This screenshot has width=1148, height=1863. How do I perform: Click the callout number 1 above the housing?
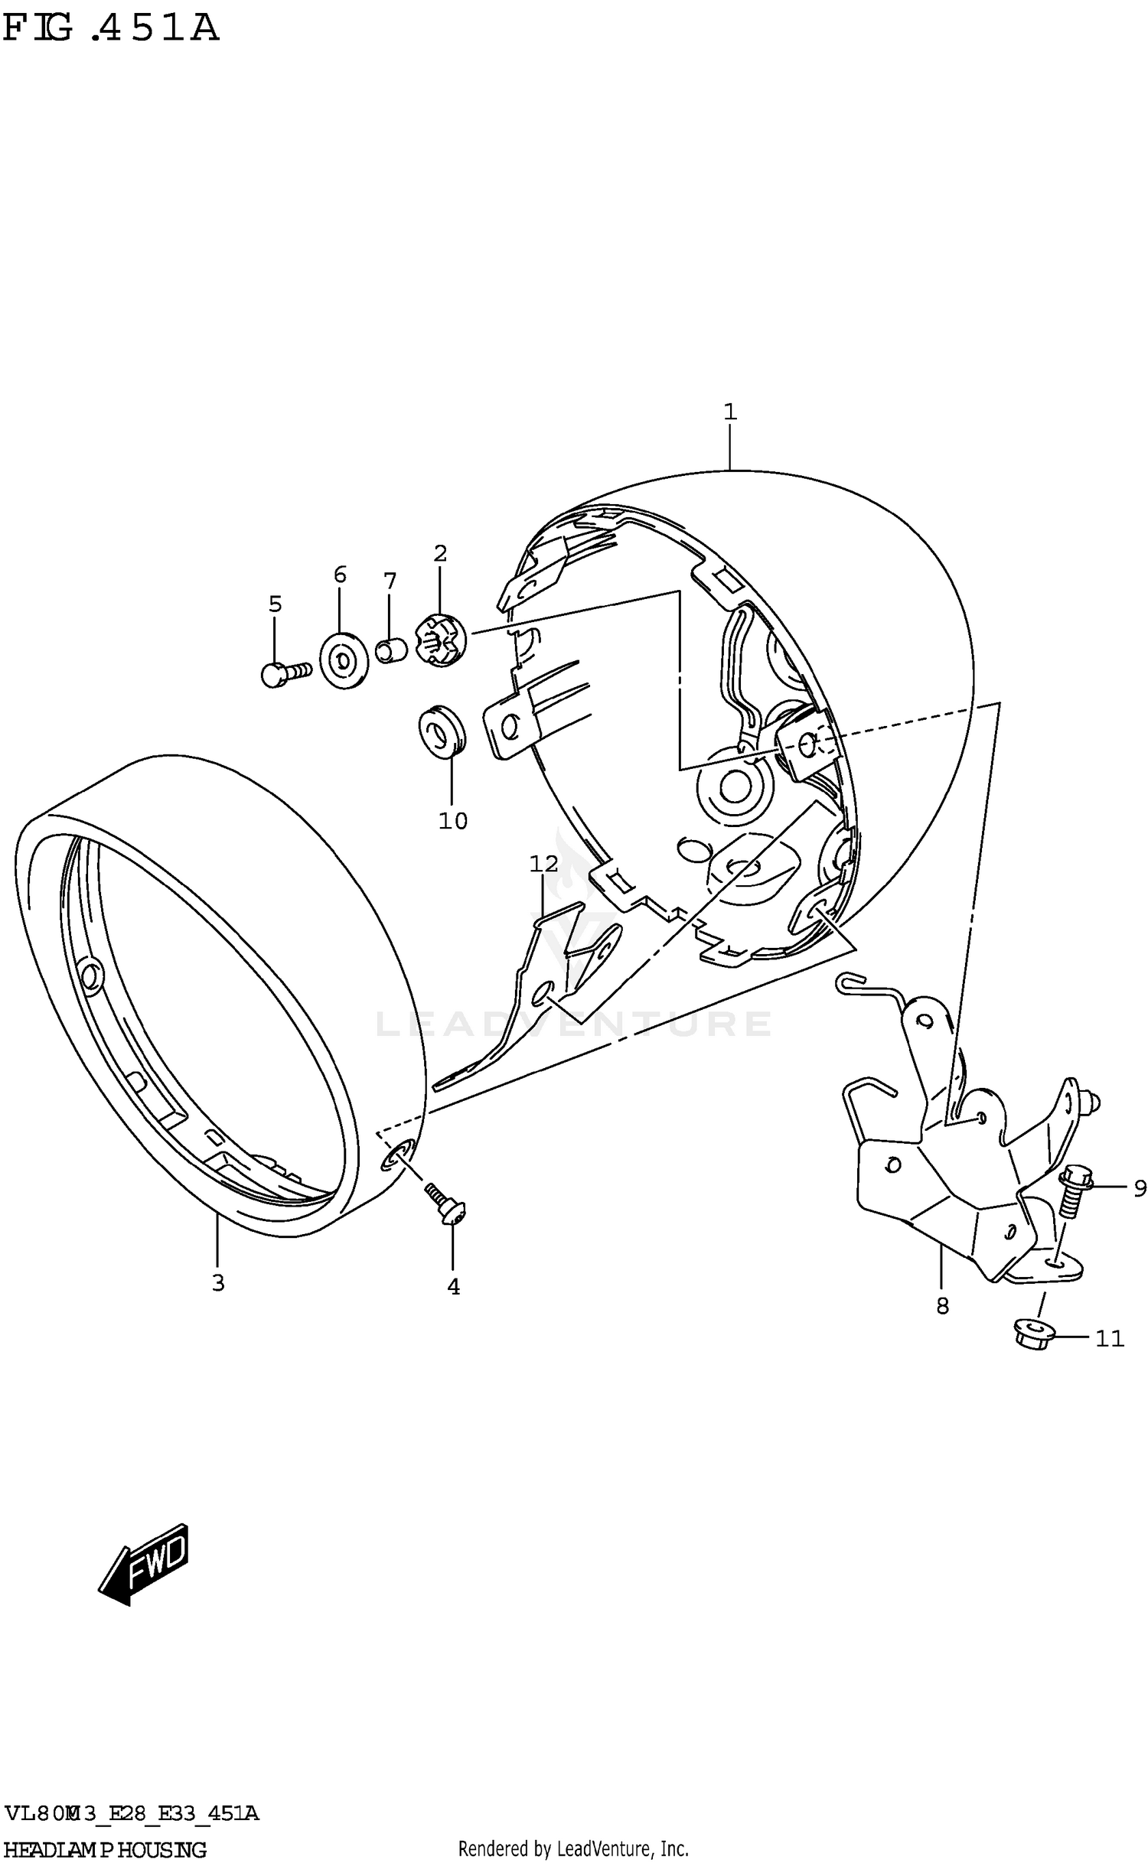point(729,412)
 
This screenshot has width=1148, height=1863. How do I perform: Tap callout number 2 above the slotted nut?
point(440,553)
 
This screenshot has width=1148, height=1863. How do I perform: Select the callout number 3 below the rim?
point(218,1283)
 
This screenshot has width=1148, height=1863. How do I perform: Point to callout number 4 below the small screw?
point(453,1287)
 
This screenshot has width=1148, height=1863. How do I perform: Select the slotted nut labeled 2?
point(439,640)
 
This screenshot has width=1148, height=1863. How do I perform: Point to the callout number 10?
point(452,821)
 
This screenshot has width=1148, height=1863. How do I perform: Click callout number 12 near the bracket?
point(544,864)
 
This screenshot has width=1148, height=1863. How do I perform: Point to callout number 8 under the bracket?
point(942,1306)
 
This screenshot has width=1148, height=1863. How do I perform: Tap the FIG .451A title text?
point(111,29)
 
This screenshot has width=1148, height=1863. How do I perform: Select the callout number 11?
point(1110,1338)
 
